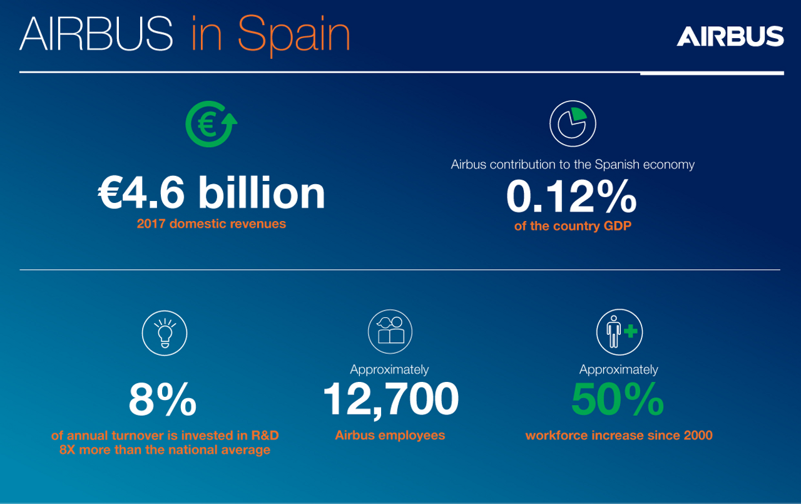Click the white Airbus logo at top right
pos(730,36)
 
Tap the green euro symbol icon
pos(211,123)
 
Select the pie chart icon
pos(573,123)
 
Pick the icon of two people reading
pos(391,332)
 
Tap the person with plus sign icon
pos(619,332)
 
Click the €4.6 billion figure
pos(212,193)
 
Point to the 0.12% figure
pos(571,197)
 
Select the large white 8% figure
pos(163,400)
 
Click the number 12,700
pos(390,400)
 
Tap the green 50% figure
pos(618,400)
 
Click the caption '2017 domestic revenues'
pos(212,224)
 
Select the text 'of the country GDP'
pos(572,226)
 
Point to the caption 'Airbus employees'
pos(390,435)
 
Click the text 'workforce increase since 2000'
pos(619,435)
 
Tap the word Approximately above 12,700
pos(389,369)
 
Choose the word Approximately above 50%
pos(618,369)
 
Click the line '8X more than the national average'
pos(165,450)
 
